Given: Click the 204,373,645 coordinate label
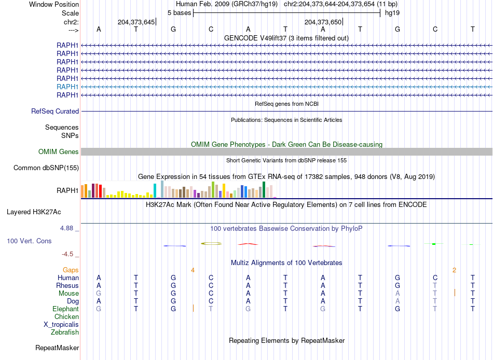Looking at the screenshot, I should click(x=136, y=22).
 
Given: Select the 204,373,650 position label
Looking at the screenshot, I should click(x=323, y=22).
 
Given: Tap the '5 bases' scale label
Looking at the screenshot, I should click(x=179, y=12).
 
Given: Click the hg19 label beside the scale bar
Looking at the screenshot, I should click(x=392, y=12).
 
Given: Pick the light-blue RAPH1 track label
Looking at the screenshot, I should click(x=67, y=87).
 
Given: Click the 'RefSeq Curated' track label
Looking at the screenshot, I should click(x=55, y=111).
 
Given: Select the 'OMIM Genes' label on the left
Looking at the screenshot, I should click(x=59, y=151).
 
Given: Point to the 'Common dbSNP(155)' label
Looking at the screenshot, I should click(x=46, y=168).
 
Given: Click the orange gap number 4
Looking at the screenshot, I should click(x=193, y=270).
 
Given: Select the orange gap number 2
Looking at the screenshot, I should click(x=454, y=270).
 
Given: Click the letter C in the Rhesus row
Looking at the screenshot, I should click(x=211, y=285).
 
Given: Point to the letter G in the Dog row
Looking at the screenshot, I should click(x=173, y=301).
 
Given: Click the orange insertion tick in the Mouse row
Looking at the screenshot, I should click(x=455, y=293).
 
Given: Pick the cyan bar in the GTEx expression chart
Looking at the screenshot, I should click(x=155, y=190).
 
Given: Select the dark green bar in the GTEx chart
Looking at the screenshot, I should click(x=264, y=189).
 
